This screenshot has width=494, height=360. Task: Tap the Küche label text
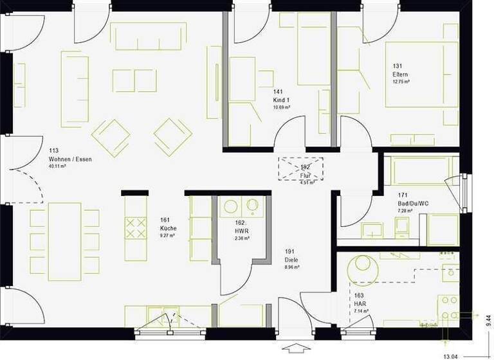coord(168,228)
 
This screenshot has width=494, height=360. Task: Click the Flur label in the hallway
coord(305,174)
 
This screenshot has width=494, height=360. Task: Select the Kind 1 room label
coord(282,100)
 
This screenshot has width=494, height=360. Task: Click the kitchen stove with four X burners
coord(135,228)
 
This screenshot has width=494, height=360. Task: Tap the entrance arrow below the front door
coord(297,350)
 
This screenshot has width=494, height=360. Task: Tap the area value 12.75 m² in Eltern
coord(401,82)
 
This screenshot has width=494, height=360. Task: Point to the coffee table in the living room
coord(134,80)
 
